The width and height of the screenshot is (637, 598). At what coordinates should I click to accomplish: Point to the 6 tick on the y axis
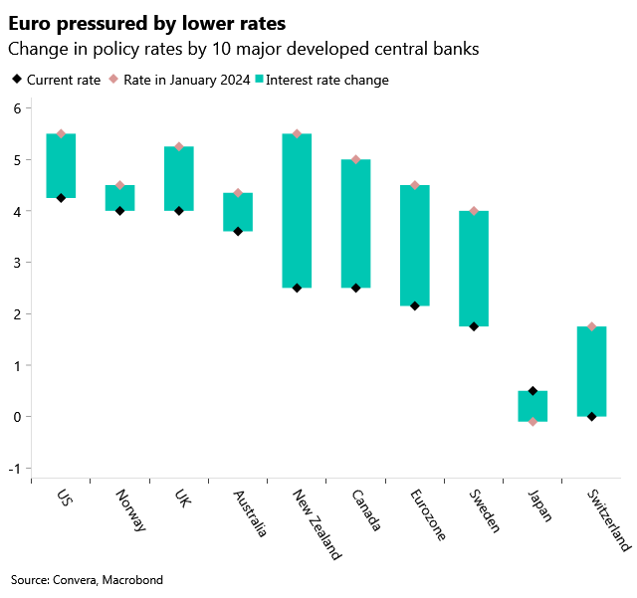point(15,108)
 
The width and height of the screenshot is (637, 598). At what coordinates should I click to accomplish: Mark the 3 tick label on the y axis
point(15,263)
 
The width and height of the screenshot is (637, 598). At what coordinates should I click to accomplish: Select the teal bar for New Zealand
point(297,211)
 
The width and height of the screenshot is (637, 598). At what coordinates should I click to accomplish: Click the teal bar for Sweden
point(474,269)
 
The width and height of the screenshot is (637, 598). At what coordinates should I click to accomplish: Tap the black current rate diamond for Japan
point(532,391)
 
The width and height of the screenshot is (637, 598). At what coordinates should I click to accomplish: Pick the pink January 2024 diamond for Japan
point(532,422)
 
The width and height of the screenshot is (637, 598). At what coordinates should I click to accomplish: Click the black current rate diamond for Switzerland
point(591,417)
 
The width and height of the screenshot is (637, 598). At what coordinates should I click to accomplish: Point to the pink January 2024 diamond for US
point(61,133)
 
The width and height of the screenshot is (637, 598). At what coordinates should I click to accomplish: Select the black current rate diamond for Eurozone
point(415,305)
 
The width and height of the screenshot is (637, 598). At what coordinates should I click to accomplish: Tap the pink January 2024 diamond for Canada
point(356,159)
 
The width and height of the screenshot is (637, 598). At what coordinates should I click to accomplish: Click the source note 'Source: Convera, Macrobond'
point(87,579)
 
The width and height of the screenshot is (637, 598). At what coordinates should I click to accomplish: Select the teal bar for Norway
point(119,198)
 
